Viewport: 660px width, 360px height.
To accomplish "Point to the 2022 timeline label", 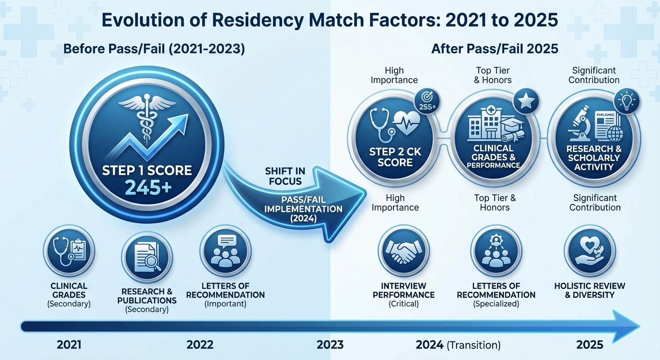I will click(x=200, y=345).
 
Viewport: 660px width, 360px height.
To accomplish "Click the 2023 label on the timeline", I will click(x=330, y=345).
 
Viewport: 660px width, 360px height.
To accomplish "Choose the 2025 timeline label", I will click(x=589, y=345).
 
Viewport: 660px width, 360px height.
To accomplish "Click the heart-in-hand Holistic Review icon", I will click(x=589, y=249).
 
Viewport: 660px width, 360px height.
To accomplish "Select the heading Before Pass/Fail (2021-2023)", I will click(x=154, y=49).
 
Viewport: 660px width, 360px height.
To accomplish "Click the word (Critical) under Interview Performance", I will click(x=403, y=304).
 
